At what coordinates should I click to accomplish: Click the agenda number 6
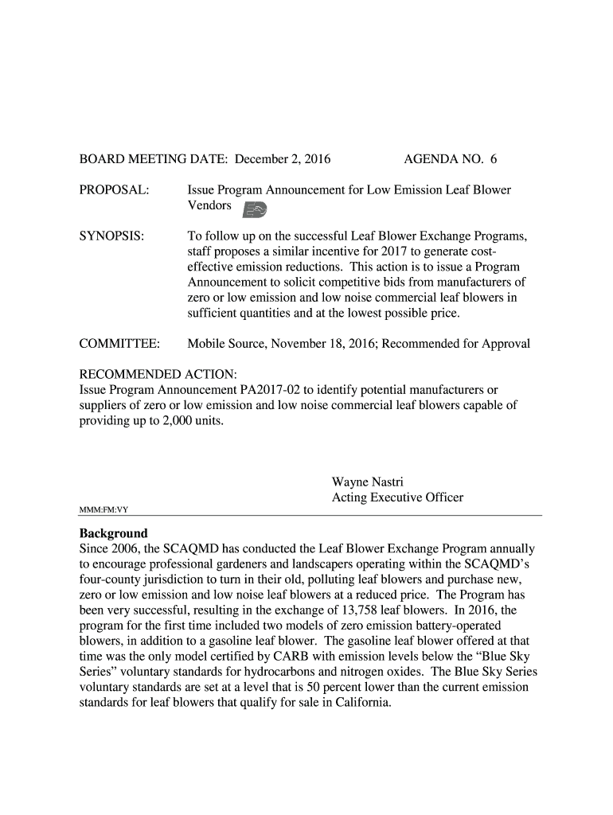(493, 159)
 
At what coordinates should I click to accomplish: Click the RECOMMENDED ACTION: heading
(158, 375)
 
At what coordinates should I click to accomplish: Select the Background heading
(113, 533)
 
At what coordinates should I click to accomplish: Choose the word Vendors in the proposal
(209, 206)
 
